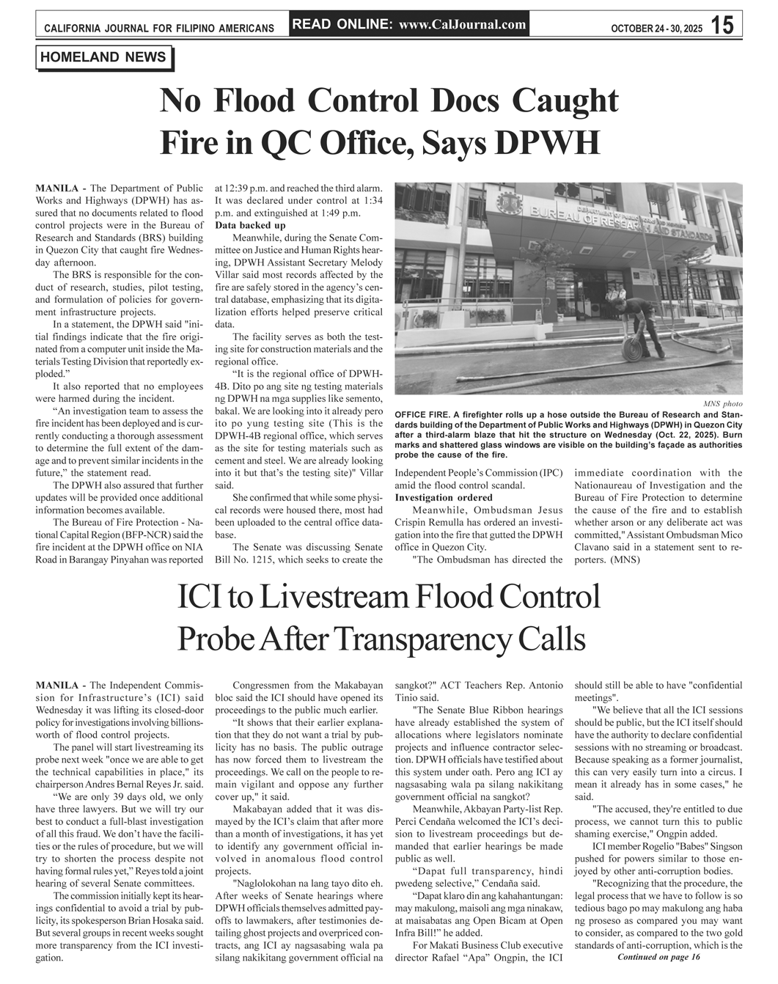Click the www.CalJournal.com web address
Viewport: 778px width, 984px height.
coord(463,24)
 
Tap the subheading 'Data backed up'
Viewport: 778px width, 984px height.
coord(250,225)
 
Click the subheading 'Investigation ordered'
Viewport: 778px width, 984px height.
coord(444,498)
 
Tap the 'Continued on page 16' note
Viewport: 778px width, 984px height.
coord(658,957)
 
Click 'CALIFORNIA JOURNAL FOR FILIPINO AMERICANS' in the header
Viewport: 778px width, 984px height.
coord(159,29)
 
